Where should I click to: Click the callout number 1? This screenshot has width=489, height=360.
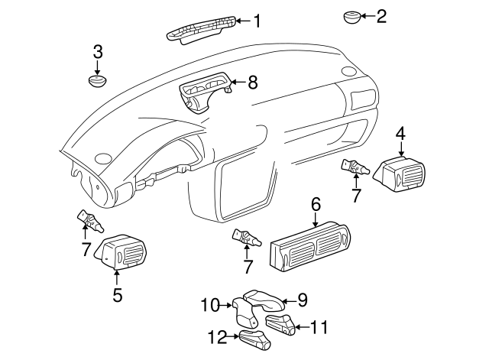click(x=257, y=21)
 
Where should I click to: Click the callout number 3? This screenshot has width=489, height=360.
click(x=98, y=52)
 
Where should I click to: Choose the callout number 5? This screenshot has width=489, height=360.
click(x=117, y=294)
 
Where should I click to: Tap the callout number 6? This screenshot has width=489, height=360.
click(x=316, y=204)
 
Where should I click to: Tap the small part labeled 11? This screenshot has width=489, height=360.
click(x=279, y=324)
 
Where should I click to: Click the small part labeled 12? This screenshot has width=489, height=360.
click(x=254, y=340)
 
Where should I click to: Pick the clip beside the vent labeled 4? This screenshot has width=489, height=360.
click(x=357, y=166)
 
